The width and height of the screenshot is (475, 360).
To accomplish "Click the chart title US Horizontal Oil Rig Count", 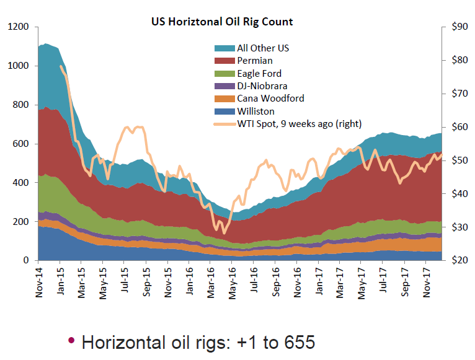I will click(x=222, y=22).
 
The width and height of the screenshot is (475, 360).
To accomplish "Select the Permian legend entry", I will click(x=254, y=61).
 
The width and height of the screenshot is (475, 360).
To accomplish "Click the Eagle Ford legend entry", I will click(x=259, y=73).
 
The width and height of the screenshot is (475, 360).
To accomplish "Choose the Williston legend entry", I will click(x=256, y=111).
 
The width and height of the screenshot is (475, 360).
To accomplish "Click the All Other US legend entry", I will click(x=263, y=48).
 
